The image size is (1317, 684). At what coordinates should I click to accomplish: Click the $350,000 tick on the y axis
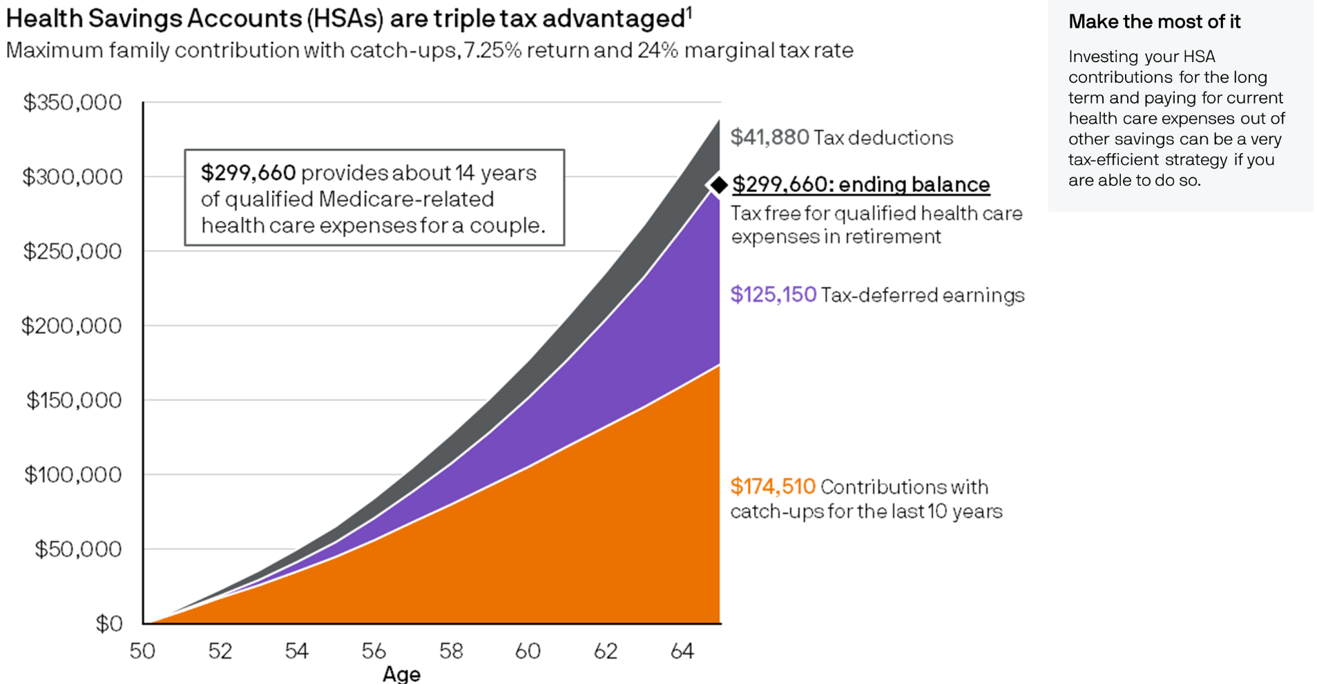[73, 103]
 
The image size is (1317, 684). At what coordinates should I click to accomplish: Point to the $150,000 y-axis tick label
[74, 400]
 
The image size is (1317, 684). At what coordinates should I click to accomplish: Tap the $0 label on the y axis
[108, 624]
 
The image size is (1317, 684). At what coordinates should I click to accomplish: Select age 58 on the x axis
[451, 651]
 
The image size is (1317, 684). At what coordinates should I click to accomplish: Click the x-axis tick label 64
[682, 651]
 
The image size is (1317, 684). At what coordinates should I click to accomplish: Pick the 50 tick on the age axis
[142, 651]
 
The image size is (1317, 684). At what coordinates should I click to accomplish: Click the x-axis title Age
[401, 674]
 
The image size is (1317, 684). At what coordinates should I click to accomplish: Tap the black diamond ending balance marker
[719, 184]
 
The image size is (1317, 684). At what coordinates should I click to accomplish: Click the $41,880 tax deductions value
[769, 137]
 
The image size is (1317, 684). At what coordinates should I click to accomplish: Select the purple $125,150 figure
[773, 295]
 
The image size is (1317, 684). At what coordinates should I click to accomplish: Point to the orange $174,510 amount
[772, 487]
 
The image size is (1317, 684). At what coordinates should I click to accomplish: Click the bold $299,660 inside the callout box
[248, 173]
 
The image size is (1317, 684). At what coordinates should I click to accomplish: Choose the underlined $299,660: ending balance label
[861, 184]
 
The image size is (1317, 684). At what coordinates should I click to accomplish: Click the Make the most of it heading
[1154, 22]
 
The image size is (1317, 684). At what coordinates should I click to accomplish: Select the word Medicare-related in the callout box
[406, 199]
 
